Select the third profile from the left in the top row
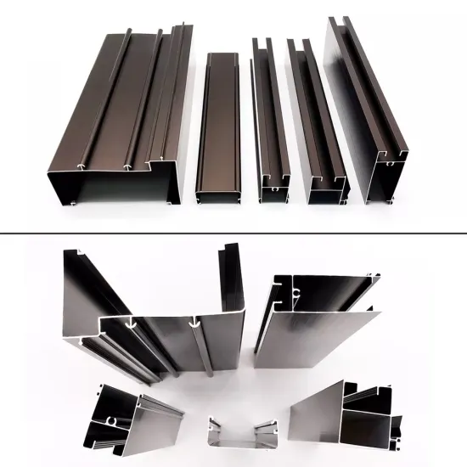[x=270, y=119]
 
